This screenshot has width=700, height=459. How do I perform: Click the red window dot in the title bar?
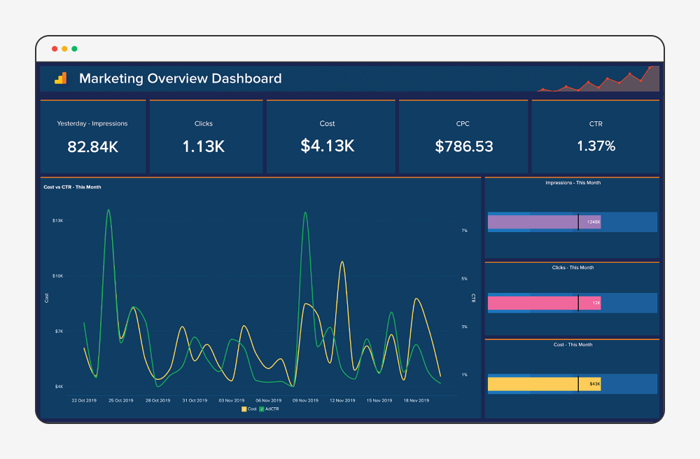[55, 49]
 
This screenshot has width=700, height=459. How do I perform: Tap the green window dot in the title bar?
[74, 49]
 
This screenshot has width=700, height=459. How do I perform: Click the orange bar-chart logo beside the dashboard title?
[61, 78]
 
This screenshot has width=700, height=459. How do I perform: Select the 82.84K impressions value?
[92, 146]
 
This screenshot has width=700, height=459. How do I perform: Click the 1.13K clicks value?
[204, 146]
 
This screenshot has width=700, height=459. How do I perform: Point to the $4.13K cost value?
[327, 146]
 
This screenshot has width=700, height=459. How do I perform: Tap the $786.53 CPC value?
[463, 146]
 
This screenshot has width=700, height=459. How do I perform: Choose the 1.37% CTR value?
[596, 146]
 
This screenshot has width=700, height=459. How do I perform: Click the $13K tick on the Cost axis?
[57, 221]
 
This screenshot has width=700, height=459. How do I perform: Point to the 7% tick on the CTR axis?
[464, 231]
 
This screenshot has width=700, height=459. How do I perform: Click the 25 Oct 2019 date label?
[120, 401]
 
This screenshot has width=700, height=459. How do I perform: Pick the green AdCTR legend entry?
[269, 409]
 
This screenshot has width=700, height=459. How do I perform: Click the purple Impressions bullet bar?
[533, 222]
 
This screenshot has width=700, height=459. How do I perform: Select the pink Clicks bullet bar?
[533, 303]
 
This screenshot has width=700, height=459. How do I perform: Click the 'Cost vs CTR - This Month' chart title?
[73, 187]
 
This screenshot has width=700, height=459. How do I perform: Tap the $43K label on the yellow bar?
[594, 384]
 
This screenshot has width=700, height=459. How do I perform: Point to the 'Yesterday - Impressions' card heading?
[92, 124]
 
